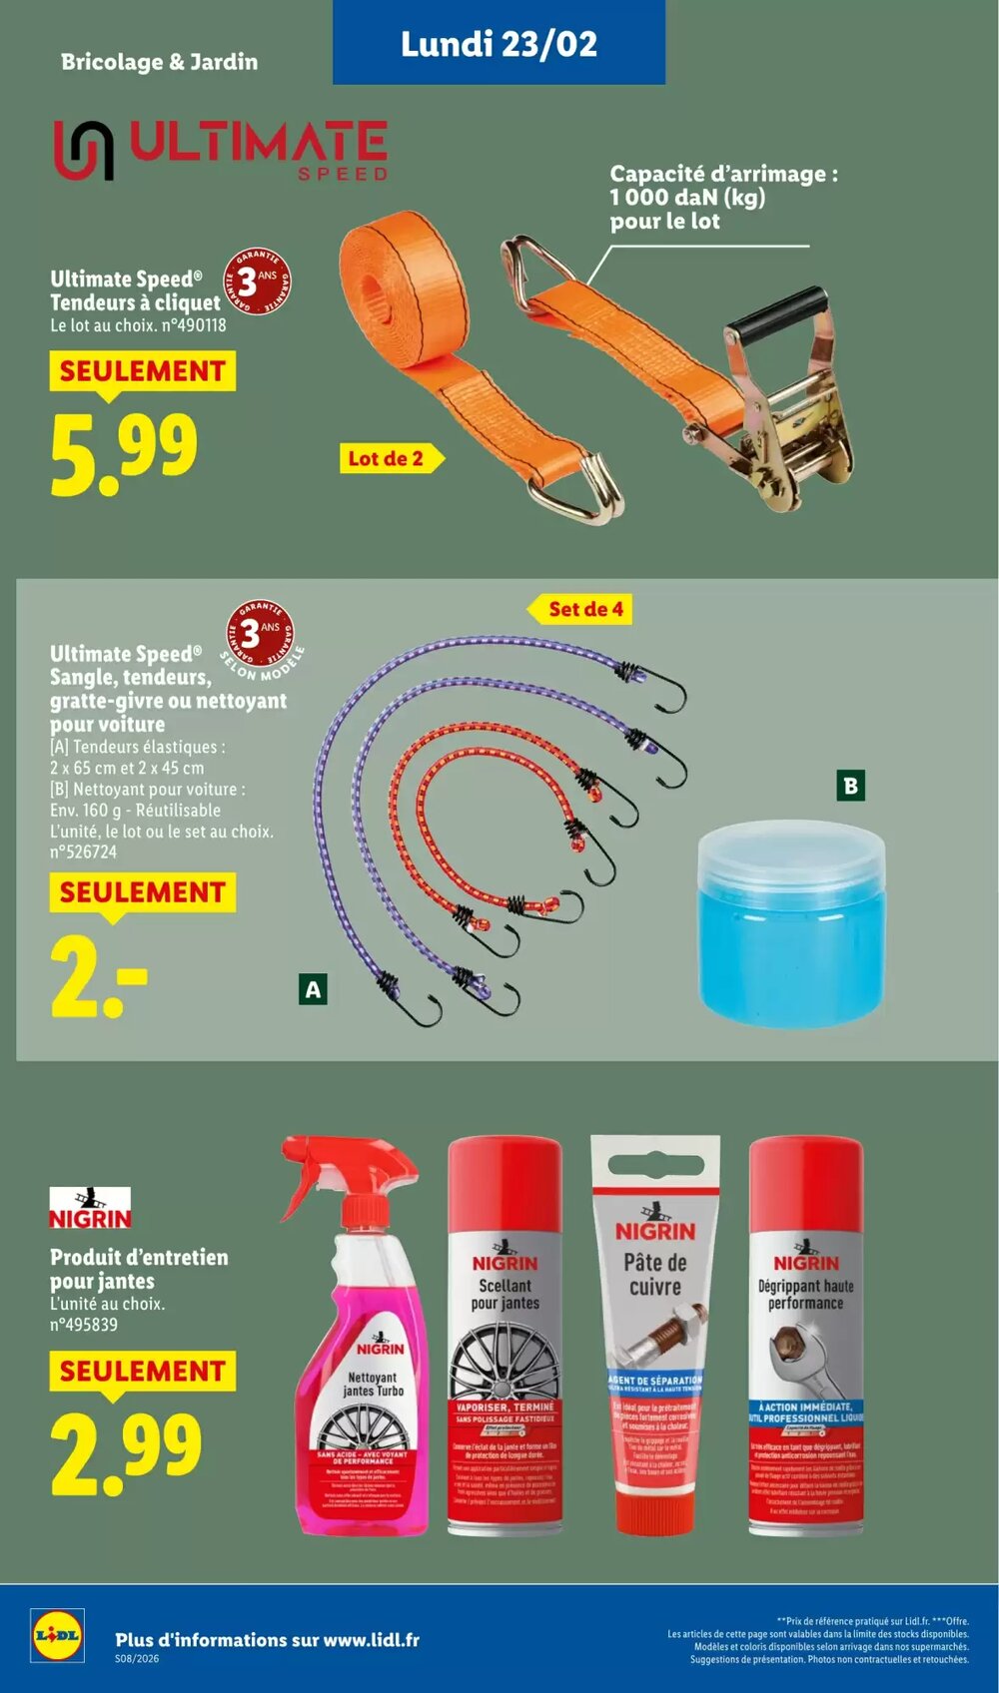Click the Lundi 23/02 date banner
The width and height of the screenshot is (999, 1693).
pos(499,43)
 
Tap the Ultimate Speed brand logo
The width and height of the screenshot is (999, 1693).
pos(220,150)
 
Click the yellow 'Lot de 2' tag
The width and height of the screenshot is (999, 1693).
pos(388,458)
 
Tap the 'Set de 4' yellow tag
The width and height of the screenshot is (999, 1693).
pos(584,609)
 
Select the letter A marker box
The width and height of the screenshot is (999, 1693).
pos(313,989)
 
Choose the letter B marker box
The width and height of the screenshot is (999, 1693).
pos(850,786)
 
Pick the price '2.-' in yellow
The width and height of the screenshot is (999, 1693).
pos(98,978)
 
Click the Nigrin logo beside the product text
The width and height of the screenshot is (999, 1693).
pos(90,1208)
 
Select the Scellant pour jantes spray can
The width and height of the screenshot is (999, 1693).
pos(504,1338)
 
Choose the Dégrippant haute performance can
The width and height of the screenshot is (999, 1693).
pos(805,1338)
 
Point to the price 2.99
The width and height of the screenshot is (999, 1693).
pos(126,1453)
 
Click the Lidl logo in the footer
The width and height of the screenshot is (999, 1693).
pos(57,1636)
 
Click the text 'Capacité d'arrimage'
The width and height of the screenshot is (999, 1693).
pos(723,174)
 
